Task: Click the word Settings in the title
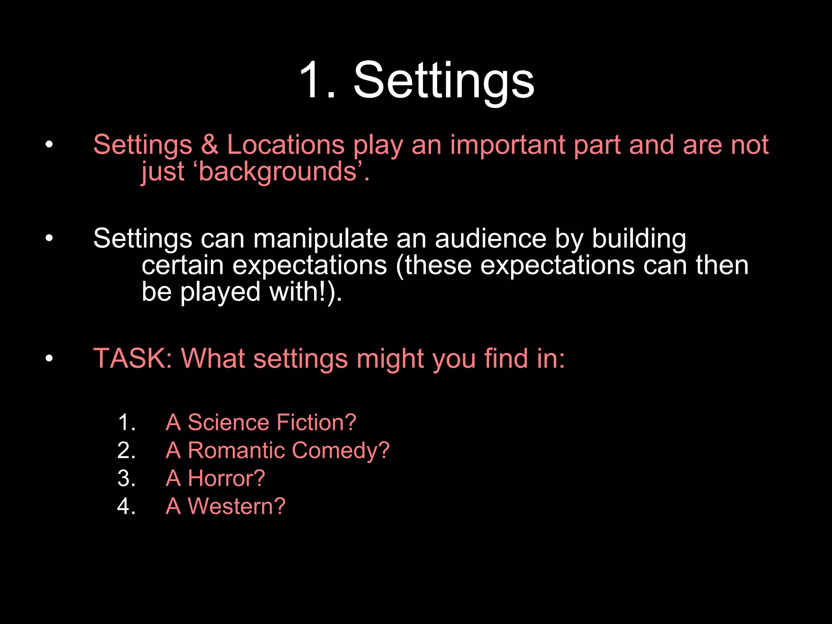click(444, 80)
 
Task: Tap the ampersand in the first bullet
click(210, 145)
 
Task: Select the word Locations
click(286, 145)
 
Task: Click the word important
click(507, 145)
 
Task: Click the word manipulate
click(321, 239)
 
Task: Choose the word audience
click(491, 239)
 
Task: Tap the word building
click(639, 239)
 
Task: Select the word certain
click(182, 266)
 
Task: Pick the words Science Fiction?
click(272, 422)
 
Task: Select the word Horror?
click(226, 478)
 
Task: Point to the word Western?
click(236, 506)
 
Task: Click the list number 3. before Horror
click(126, 478)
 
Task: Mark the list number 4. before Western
click(126, 506)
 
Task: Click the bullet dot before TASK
click(49, 358)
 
